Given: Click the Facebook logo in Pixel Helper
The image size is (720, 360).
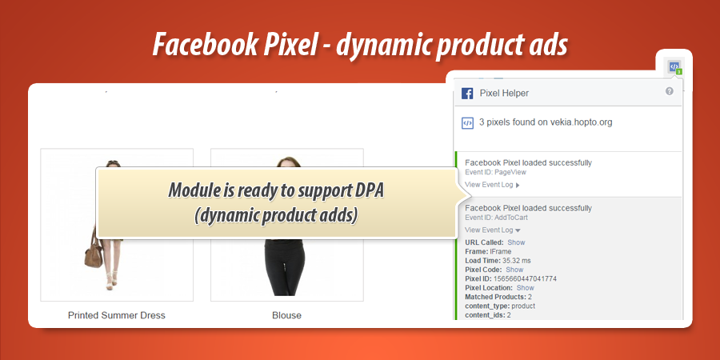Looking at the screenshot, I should [467, 94].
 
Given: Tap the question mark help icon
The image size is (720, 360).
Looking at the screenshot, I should [669, 92].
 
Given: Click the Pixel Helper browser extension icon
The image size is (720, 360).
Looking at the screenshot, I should [674, 66].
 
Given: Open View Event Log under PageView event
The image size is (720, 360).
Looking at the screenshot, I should [492, 185].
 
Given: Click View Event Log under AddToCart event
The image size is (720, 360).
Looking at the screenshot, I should [492, 230].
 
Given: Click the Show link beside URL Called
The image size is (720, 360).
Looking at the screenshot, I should [516, 242].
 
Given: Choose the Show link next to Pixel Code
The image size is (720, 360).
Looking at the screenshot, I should [514, 270].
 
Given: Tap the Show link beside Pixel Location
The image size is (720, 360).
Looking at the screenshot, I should [525, 288].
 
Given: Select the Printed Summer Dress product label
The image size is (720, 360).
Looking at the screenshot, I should [117, 315].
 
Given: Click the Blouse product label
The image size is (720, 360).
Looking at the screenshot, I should [286, 315].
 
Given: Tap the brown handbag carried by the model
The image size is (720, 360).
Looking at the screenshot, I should [96, 255].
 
